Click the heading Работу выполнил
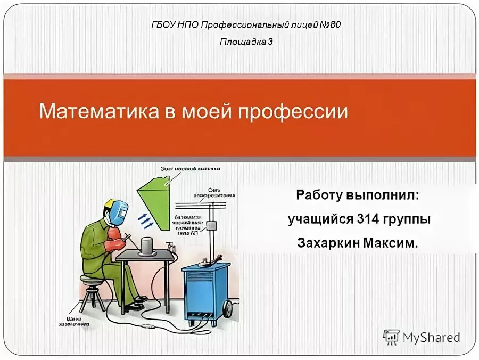pos(358,195)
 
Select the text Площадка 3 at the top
pos(246,42)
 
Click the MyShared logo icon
pos(391,337)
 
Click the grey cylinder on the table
pos(147,246)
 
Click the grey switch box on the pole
pos(212,225)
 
